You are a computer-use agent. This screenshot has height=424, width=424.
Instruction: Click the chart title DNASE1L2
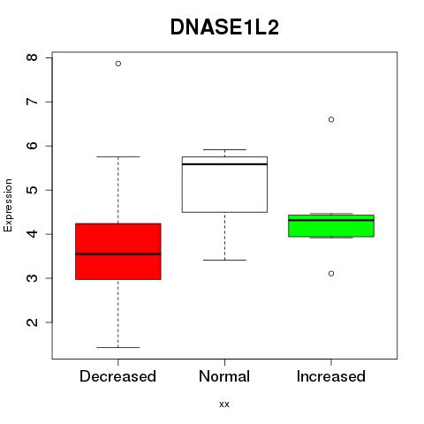pyautogui.click(x=224, y=27)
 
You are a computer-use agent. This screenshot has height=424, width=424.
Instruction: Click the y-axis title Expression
pyautogui.click(x=8, y=205)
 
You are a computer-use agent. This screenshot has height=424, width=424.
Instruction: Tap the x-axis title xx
pyautogui.click(x=224, y=405)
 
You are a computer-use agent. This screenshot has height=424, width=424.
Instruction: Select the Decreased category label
pyautogui.click(x=117, y=376)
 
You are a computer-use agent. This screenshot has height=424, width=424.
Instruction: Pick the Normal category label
pyautogui.click(x=224, y=376)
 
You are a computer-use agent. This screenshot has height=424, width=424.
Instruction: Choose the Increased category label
pyautogui.click(x=331, y=376)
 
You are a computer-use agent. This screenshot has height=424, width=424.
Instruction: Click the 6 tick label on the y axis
pyautogui.click(x=32, y=146)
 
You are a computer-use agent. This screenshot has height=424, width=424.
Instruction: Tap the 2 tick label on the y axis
pyautogui.click(x=32, y=322)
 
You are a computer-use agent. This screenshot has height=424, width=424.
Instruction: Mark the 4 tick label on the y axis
pyautogui.click(x=32, y=234)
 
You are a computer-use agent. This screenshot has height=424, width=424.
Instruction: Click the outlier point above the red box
pyautogui.click(x=118, y=64)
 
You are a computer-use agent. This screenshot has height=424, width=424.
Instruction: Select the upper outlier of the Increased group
pyautogui.click(x=331, y=119)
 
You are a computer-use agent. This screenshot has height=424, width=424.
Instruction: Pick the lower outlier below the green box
pyautogui.click(x=331, y=274)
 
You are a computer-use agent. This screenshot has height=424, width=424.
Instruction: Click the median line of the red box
pyautogui.click(x=118, y=254)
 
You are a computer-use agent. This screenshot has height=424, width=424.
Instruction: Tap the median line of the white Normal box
pyautogui.click(x=224, y=164)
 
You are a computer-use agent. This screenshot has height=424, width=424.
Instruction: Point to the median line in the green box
pyautogui.click(x=331, y=220)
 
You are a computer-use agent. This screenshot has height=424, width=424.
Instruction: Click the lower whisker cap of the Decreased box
pyautogui.click(x=118, y=347)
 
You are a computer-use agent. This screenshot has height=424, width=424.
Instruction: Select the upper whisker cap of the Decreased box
pyautogui.click(x=118, y=156)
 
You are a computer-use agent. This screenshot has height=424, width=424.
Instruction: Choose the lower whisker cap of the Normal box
pyautogui.click(x=224, y=260)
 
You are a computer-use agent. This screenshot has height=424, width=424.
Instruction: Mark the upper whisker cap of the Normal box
pyautogui.click(x=224, y=149)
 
